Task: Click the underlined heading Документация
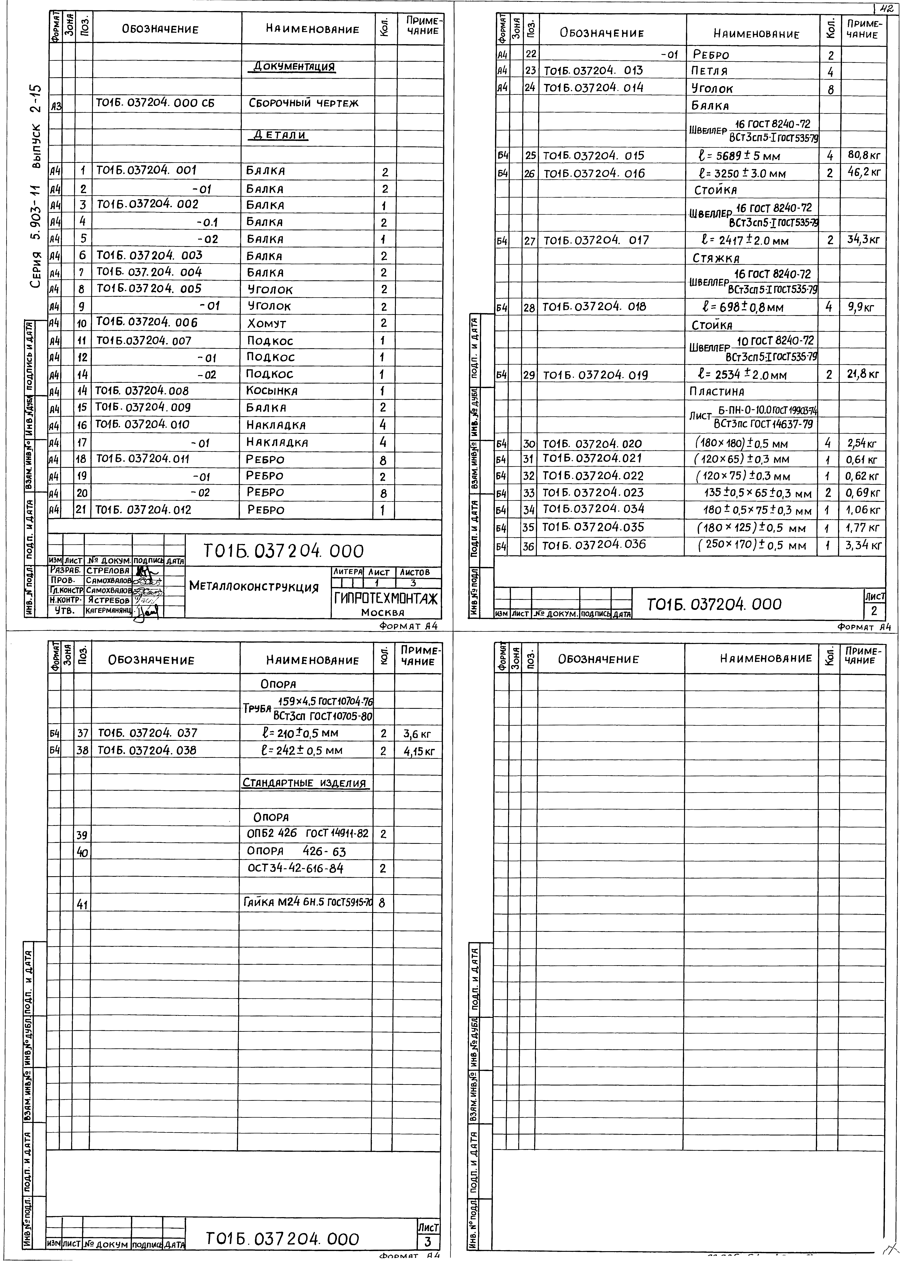pos(294,67)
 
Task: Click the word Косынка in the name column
pos(272,391)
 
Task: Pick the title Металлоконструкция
pos(254,586)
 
